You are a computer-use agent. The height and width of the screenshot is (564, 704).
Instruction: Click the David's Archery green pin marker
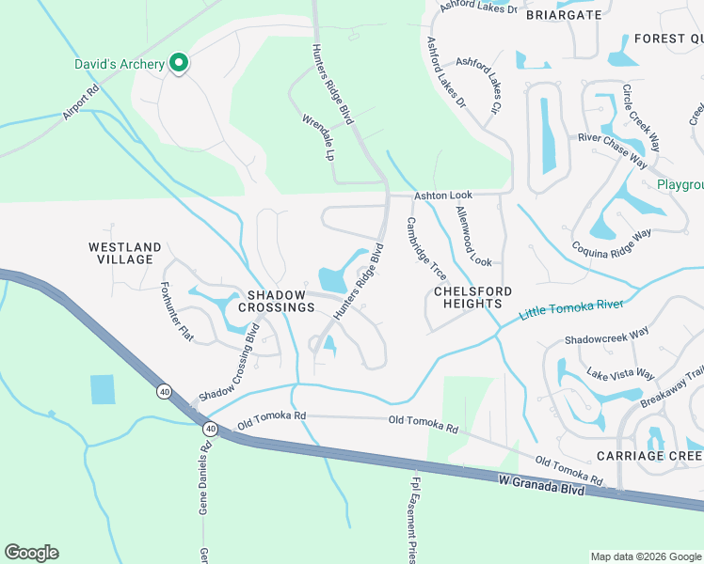click(x=177, y=64)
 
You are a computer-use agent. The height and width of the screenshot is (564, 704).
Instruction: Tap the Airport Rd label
click(x=81, y=104)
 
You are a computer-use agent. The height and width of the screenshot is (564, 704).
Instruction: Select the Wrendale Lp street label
click(x=319, y=137)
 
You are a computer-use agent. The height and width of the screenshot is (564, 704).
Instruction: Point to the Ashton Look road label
click(x=442, y=195)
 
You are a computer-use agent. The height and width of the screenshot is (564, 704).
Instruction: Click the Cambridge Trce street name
click(x=425, y=249)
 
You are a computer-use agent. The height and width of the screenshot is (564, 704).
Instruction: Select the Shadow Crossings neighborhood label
click(x=276, y=301)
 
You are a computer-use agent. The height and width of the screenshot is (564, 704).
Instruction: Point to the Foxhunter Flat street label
click(x=177, y=311)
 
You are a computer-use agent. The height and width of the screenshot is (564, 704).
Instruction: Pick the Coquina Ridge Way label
click(x=612, y=243)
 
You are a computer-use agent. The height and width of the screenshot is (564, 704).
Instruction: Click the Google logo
click(x=31, y=553)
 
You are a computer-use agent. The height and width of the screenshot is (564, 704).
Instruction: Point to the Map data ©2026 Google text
click(x=645, y=556)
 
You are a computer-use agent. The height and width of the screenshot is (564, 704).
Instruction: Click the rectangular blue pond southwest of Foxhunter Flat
click(x=102, y=390)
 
